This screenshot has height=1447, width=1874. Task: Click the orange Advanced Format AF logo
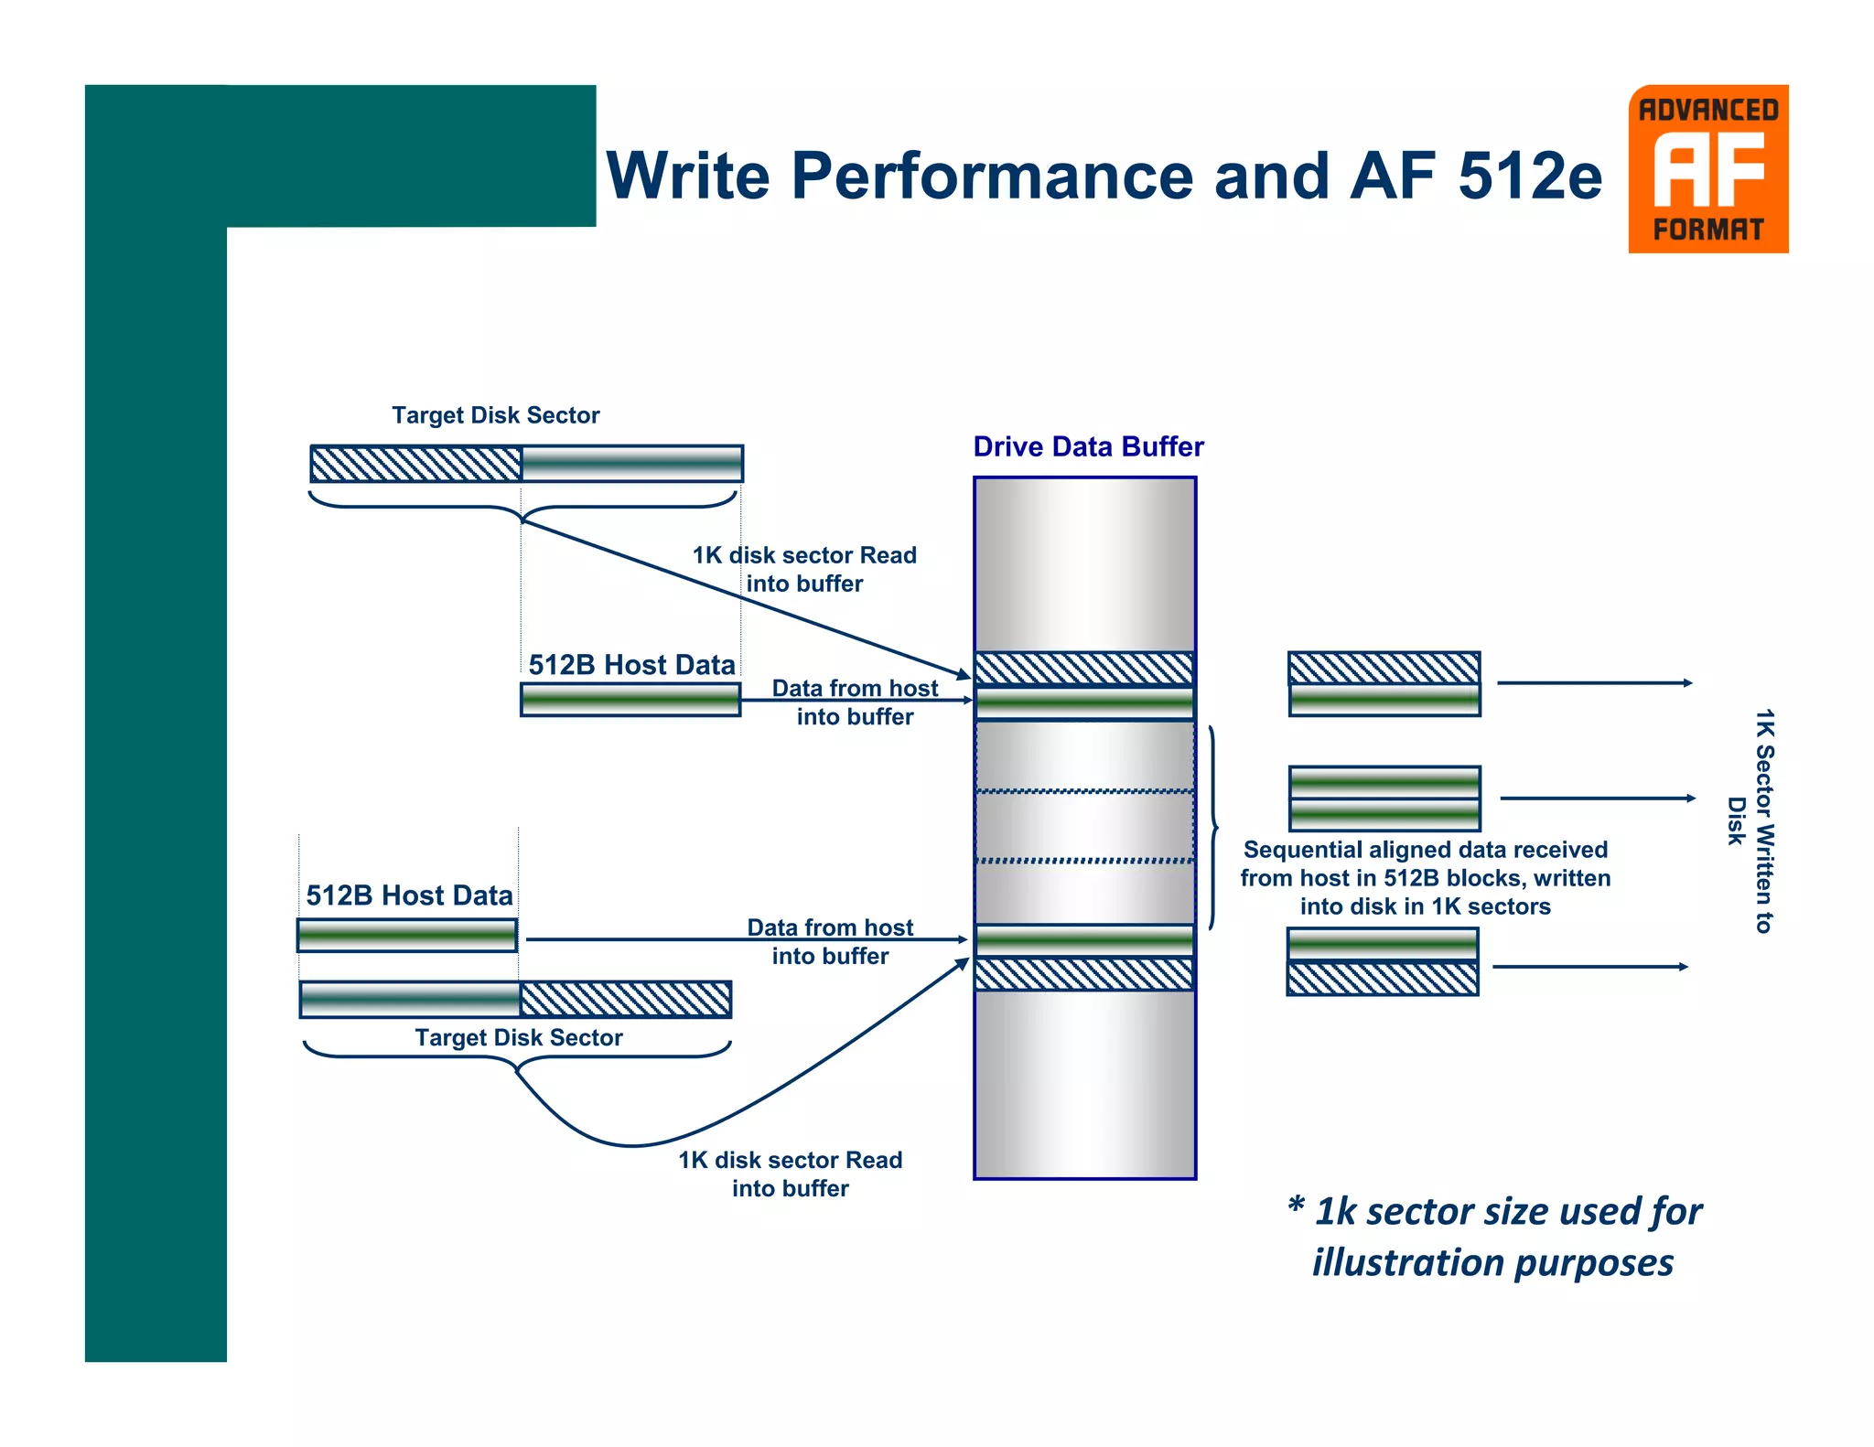[1707, 169]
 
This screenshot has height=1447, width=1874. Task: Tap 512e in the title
[1529, 176]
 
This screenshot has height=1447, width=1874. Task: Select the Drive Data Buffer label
[1088, 446]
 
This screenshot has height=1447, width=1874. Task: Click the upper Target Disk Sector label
[495, 415]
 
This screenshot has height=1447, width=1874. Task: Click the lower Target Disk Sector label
[518, 1037]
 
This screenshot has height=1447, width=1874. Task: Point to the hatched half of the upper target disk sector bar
[415, 464]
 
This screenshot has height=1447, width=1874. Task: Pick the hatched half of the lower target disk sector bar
[625, 999]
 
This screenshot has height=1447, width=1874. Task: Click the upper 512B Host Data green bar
[630, 700]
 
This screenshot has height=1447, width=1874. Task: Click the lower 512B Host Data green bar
[407, 935]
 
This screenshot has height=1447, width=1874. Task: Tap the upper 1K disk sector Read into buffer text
[804, 569]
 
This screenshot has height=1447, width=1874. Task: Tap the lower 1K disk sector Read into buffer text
[790, 1174]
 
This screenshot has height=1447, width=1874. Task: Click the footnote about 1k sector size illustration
[1494, 1236]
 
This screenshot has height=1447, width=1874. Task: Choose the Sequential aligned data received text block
[1425, 878]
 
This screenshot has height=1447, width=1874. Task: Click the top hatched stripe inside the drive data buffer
[1084, 668]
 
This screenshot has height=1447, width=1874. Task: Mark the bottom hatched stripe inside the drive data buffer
[1084, 974]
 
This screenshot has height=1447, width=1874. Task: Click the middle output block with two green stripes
[1384, 799]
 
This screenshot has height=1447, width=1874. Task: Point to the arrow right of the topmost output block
[1594, 682]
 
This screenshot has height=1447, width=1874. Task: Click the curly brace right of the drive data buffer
[1213, 828]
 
